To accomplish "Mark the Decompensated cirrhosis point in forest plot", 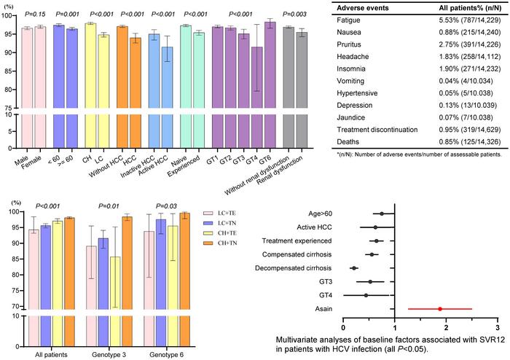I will click(x=353, y=267).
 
